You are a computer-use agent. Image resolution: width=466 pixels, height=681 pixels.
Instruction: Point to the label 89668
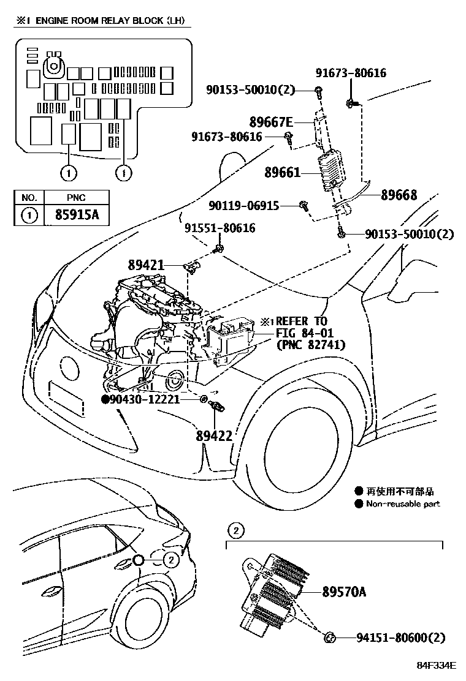[399, 195]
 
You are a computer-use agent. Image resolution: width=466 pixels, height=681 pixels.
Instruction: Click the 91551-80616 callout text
[220, 228]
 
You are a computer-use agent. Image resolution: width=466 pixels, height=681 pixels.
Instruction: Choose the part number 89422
[214, 435]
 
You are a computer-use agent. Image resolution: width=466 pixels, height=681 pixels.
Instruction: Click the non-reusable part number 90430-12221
[145, 399]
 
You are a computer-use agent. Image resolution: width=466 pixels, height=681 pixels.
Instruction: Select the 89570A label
[344, 591]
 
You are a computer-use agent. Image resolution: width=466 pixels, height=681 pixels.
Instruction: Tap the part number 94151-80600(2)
[400, 638]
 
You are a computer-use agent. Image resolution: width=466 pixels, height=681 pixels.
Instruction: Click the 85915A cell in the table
[78, 216]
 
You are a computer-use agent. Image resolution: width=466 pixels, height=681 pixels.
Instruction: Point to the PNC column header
[77, 198]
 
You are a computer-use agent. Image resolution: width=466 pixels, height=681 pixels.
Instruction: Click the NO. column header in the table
[29, 198]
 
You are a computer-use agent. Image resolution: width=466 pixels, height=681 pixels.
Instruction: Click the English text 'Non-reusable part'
[403, 504]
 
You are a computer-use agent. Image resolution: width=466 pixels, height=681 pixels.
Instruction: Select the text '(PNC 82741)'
[310, 345]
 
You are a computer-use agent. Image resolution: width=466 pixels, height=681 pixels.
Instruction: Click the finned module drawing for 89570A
[276, 591]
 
